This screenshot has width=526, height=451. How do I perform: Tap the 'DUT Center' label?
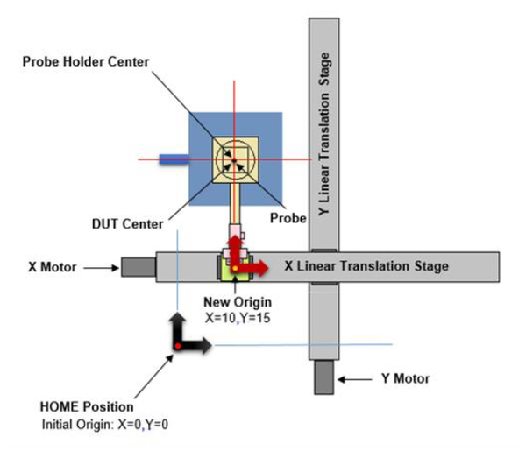pyautogui.click(x=132, y=223)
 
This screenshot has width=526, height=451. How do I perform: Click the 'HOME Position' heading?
pyautogui.click(x=88, y=407)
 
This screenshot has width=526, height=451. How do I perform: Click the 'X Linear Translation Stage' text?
pyautogui.click(x=366, y=265)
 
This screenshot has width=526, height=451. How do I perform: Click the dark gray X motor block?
pyautogui.click(x=138, y=265)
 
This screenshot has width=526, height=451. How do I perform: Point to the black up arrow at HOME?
pyautogui.click(x=176, y=326)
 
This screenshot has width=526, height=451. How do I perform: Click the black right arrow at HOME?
pyautogui.click(x=197, y=347)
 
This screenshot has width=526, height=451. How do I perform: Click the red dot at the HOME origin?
pyautogui.click(x=177, y=347)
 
